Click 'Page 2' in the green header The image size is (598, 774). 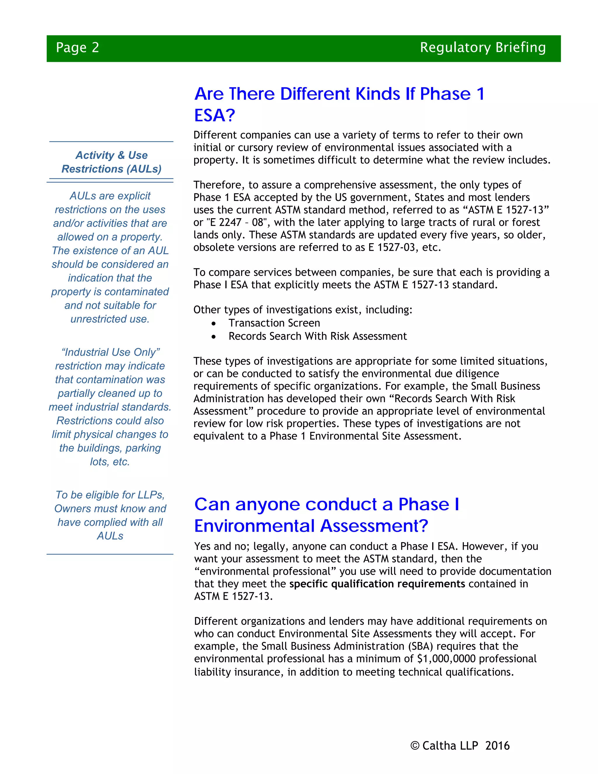click(77, 48)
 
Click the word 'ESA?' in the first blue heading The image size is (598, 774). click(215, 116)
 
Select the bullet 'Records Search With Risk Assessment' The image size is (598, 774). click(317, 336)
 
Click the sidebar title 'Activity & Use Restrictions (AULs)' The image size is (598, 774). click(111, 162)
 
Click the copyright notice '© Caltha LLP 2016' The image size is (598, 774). click(460, 746)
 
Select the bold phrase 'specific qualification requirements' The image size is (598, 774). click(377, 584)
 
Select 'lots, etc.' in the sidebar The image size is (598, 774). click(110, 462)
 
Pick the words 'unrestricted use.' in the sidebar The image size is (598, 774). click(110, 319)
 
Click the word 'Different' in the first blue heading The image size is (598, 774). click(315, 94)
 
